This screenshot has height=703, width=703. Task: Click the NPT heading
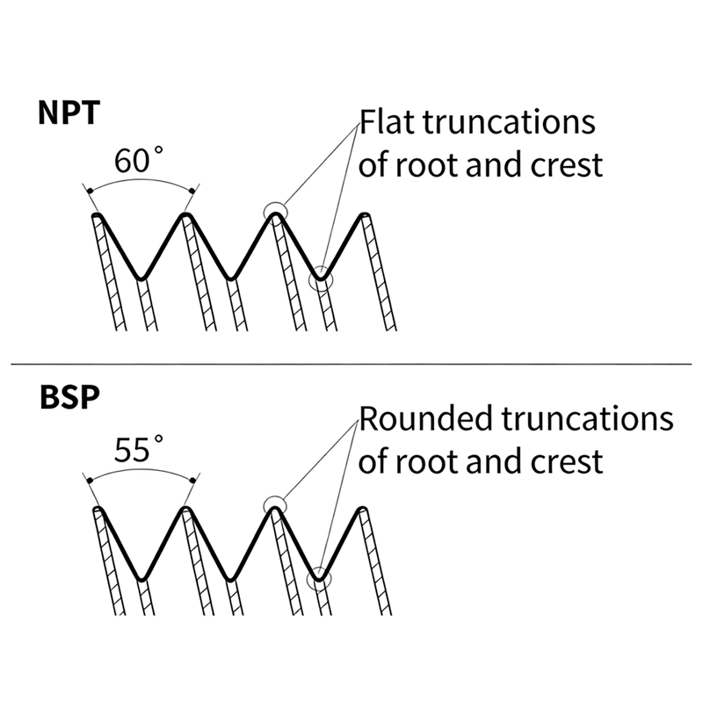69,113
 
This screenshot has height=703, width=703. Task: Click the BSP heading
69,397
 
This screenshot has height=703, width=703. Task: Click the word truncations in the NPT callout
509,122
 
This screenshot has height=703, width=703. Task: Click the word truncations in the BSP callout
587,418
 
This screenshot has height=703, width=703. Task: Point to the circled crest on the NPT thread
275,211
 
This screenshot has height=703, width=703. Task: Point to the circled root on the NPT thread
321,279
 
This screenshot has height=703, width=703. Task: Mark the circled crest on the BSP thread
274,504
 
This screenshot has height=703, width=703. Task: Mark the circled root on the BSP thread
319,578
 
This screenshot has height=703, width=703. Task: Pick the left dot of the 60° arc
90,192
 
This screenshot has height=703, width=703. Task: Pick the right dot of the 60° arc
192,192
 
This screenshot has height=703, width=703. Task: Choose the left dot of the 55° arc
90,481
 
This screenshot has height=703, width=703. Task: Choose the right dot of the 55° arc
192,481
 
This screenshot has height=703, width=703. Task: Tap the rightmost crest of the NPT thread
365,215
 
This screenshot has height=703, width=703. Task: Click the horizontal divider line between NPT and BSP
351,364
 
